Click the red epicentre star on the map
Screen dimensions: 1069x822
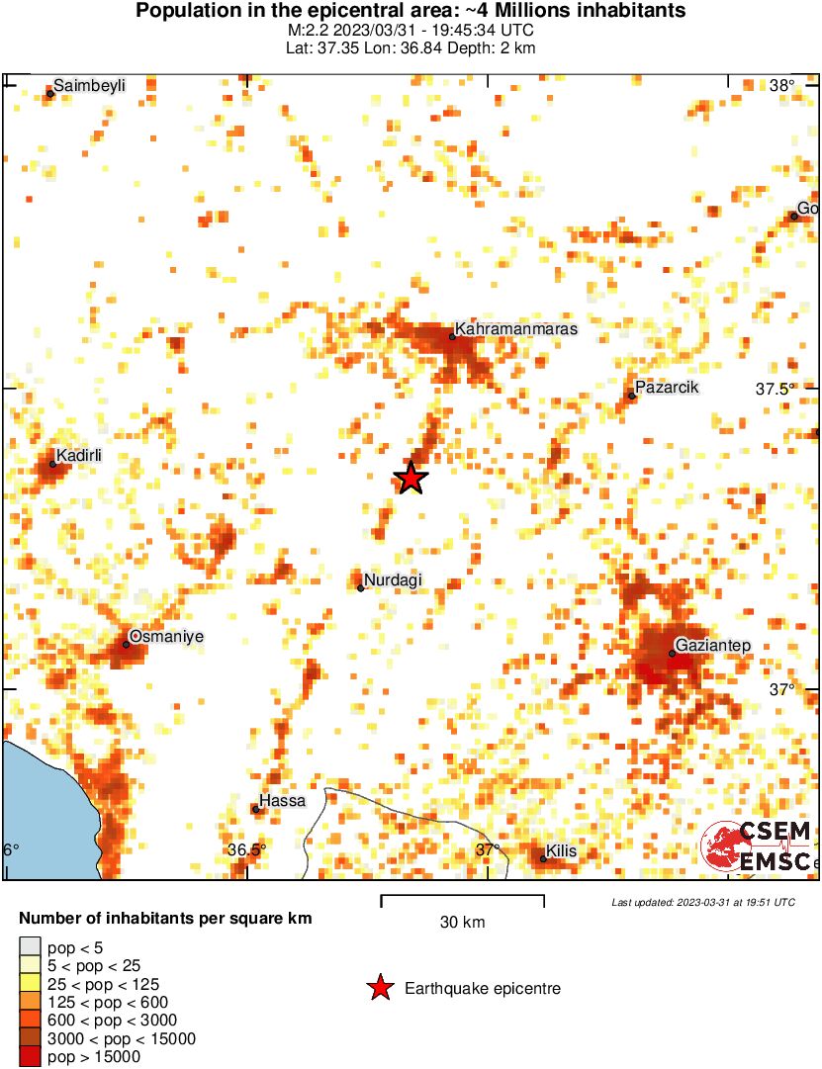point(411,478)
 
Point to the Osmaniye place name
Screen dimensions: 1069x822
point(166,637)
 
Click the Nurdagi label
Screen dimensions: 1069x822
point(393,580)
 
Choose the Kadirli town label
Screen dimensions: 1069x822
point(79,456)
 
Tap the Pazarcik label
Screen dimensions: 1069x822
point(667,388)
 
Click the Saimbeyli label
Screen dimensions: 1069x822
point(89,86)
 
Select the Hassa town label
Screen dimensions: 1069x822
point(282,801)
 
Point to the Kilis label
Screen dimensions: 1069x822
point(561,851)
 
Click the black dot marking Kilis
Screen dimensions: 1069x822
point(543,858)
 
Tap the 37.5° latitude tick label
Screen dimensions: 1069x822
point(776,390)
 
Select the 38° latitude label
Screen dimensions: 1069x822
point(781,86)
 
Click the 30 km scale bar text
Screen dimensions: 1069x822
point(462,923)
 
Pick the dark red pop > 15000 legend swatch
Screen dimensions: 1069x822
point(30,1057)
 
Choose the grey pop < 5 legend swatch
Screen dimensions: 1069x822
point(30,948)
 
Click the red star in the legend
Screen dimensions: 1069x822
point(379,988)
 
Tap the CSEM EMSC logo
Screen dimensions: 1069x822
point(756,846)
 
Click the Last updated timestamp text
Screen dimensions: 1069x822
point(702,902)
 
